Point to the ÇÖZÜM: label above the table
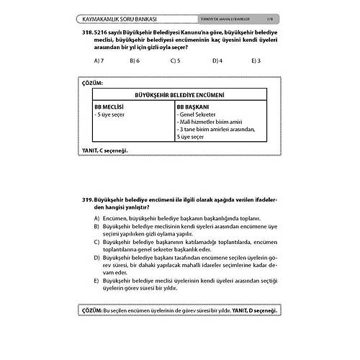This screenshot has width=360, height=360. coord(94,85)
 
